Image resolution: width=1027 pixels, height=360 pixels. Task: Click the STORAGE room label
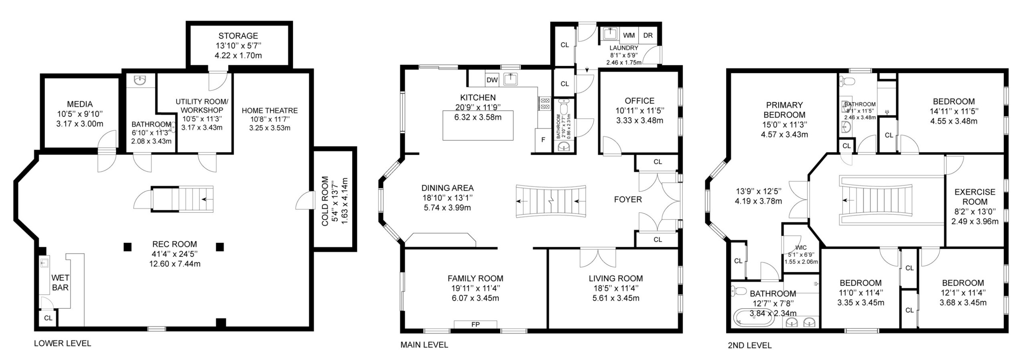pyautogui.click(x=238, y=36)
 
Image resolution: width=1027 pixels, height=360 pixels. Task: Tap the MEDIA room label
pyautogui.click(x=80, y=104)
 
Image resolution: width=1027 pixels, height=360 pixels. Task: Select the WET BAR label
pyautogui.click(x=60, y=283)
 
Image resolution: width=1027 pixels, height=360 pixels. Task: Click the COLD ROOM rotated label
pyautogui.click(x=325, y=201)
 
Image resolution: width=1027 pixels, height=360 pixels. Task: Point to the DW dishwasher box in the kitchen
pyautogui.click(x=492, y=80)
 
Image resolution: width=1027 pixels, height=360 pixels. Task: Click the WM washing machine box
pyautogui.click(x=629, y=35)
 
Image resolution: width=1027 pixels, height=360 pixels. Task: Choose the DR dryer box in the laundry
pyautogui.click(x=648, y=35)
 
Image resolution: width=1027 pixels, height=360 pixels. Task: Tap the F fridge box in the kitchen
pyautogui.click(x=543, y=140)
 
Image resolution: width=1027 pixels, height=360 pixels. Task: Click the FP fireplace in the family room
pyautogui.click(x=475, y=324)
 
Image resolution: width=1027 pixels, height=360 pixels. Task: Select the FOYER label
pyautogui.click(x=628, y=199)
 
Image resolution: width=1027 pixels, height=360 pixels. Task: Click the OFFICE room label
pyautogui.click(x=639, y=101)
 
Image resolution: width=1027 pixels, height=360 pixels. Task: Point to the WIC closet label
pyautogui.click(x=801, y=248)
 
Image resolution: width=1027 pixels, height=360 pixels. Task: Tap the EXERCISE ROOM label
pyautogui.click(x=975, y=197)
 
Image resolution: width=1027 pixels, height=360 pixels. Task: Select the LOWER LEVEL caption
pyautogui.click(x=63, y=343)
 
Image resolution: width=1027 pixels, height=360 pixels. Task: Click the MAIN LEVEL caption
pyautogui.click(x=424, y=344)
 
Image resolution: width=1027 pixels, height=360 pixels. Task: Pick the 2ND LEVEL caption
pyautogui.click(x=750, y=345)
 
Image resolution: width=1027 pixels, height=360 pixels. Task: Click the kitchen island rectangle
pyautogui.click(x=478, y=126)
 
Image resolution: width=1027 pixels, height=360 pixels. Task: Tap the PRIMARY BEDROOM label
pyautogui.click(x=784, y=110)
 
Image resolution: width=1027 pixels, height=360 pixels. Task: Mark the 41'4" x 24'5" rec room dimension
pyautogui.click(x=175, y=254)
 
